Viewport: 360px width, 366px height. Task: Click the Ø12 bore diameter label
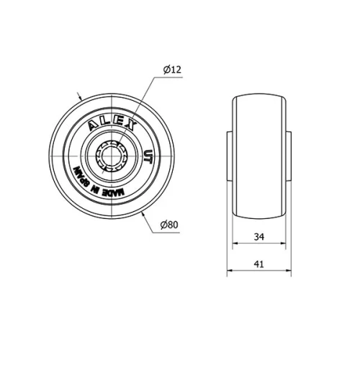[x=171, y=69]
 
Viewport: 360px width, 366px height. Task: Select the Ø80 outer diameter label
[x=168, y=225]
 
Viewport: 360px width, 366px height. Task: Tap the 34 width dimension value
[x=259, y=236]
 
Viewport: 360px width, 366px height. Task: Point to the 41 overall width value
[x=259, y=264]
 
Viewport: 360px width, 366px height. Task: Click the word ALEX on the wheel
[x=112, y=122]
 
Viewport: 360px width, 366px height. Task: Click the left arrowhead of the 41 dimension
[x=230, y=272]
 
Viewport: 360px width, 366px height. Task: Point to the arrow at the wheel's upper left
[x=81, y=97]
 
